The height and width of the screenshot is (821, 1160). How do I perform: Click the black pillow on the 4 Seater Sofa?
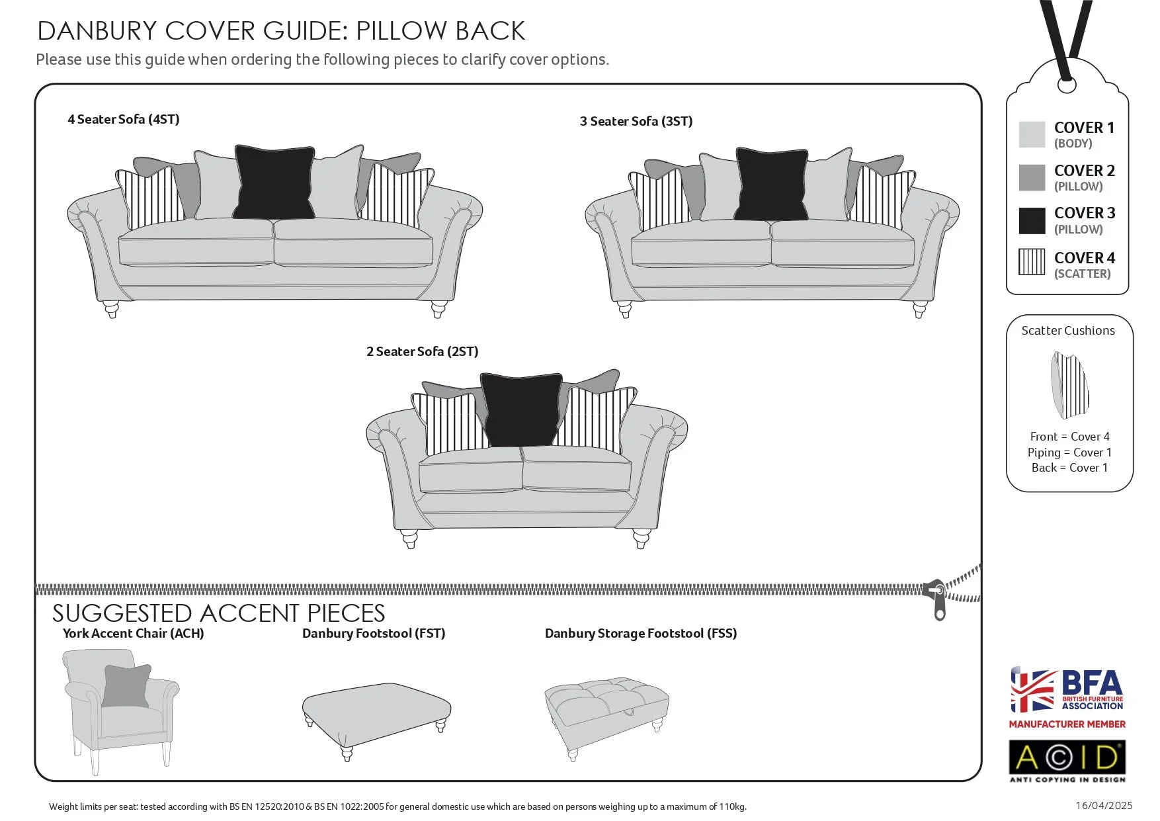(273, 183)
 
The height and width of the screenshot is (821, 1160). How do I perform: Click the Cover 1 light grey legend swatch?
(1032, 134)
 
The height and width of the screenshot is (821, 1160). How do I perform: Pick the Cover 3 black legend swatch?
(1032, 220)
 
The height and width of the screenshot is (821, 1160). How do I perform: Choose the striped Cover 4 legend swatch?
(1032, 262)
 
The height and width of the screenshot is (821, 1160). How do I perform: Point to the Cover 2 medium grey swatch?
(1032, 177)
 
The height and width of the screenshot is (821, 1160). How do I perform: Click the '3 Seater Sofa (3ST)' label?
(636, 121)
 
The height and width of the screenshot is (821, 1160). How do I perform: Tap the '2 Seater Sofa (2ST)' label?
(422, 351)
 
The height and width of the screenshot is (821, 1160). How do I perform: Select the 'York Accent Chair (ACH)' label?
(133, 633)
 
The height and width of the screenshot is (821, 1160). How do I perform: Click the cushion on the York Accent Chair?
(126, 686)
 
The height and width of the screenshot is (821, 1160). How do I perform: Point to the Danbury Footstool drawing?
(376, 714)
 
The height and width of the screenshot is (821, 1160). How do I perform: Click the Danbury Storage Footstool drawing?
(606, 711)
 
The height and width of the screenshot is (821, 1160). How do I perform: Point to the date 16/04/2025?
(1103, 805)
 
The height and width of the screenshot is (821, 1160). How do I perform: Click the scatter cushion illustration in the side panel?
(1069, 385)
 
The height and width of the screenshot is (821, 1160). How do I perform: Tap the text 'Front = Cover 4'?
(1069, 437)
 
